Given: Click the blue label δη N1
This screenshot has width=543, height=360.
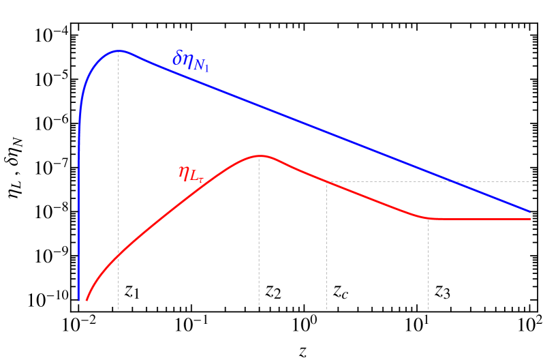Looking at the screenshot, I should pyautogui.click(x=191, y=62).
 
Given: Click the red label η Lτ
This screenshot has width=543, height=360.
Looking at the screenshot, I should pyautogui.click(x=191, y=174).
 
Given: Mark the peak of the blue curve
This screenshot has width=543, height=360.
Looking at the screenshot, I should pyautogui.click(x=120, y=51).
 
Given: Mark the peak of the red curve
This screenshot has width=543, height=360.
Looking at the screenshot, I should pyautogui.click(x=260, y=156).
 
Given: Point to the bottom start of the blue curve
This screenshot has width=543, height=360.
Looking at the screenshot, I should pyautogui.click(x=79, y=299).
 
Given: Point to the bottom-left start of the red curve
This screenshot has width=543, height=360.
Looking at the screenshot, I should pyautogui.click(x=87, y=299).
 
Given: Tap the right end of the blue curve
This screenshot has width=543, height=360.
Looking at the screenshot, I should pyautogui.click(x=529, y=211).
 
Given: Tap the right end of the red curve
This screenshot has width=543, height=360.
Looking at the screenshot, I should pyautogui.click(x=529, y=219).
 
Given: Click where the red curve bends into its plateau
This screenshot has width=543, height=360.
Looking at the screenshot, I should pyautogui.click(x=428, y=217).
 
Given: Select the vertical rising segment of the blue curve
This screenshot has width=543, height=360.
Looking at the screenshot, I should pyautogui.click(x=79, y=205).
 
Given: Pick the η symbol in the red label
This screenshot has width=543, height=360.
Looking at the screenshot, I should pyautogui.click(x=184, y=172).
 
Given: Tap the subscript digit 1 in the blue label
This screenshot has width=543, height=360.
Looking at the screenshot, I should pyautogui.click(x=206, y=67).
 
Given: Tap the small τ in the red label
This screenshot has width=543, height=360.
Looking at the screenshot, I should pyautogui.click(x=202, y=180).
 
